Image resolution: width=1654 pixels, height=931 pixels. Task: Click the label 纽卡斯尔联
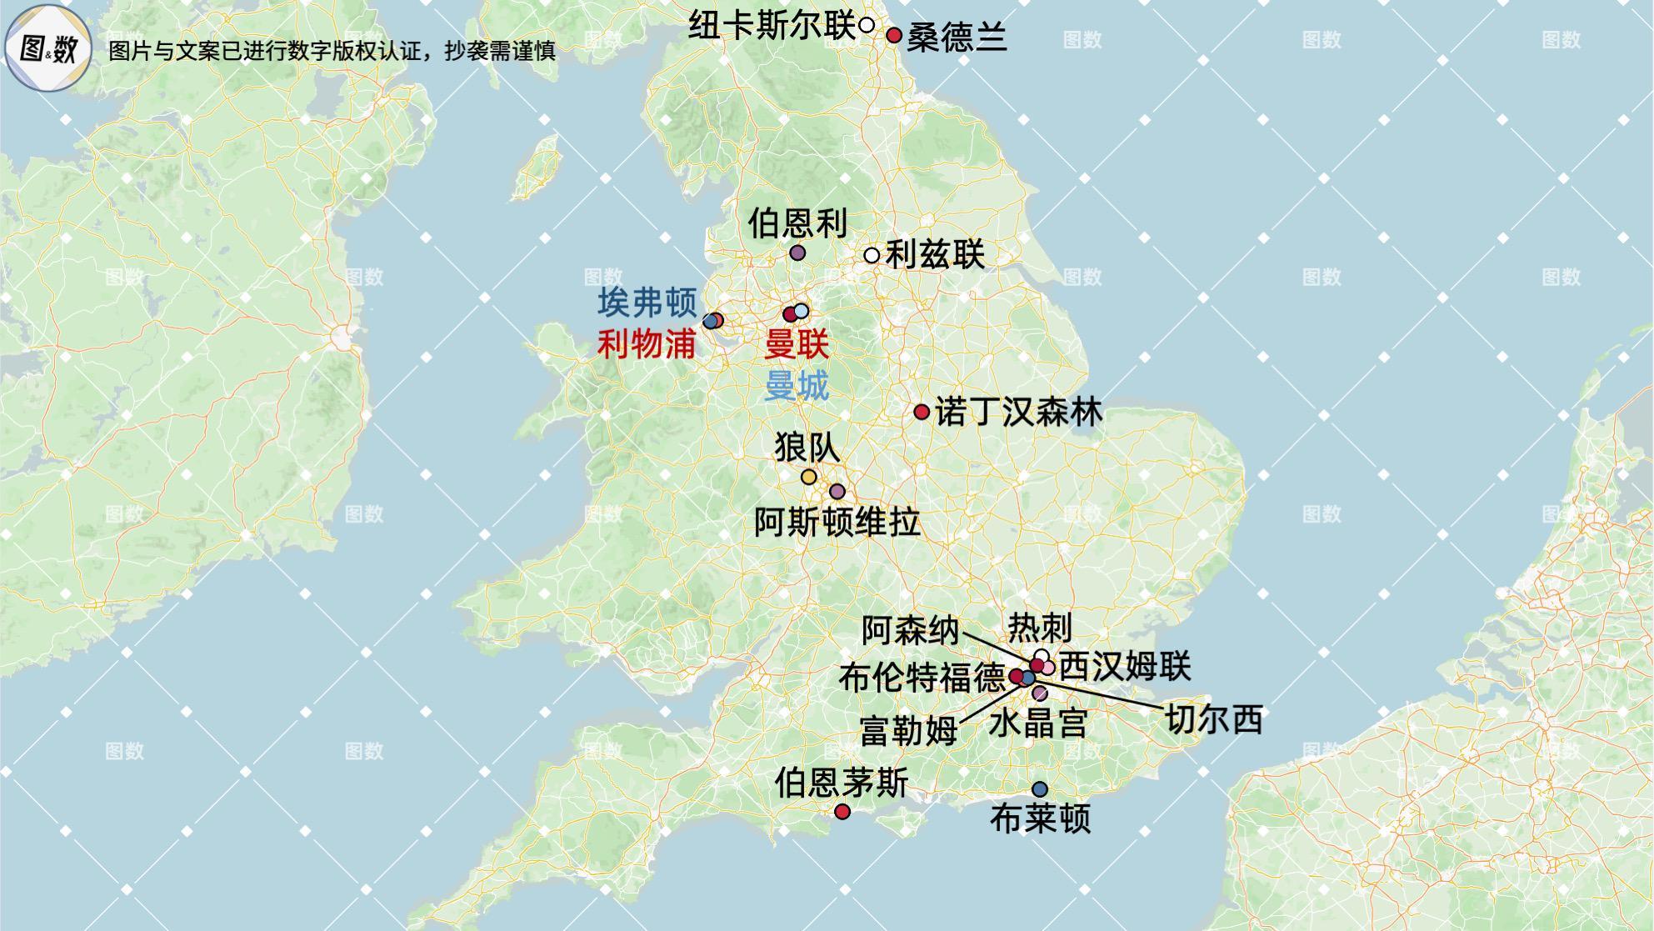click(772, 26)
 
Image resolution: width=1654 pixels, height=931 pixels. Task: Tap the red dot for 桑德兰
click(894, 36)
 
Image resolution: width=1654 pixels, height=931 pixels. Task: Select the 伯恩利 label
click(797, 223)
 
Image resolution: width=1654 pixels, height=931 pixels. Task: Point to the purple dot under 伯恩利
click(797, 253)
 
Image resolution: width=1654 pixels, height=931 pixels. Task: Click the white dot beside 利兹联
click(872, 255)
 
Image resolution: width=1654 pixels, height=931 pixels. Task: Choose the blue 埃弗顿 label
click(647, 303)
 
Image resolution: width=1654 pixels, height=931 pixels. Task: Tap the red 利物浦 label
click(647, 343)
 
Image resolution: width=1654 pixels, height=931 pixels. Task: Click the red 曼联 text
click(797, 343)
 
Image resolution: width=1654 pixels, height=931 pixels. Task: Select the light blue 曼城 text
click(797, 386)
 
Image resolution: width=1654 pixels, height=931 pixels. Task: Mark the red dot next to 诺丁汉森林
click(922, 412)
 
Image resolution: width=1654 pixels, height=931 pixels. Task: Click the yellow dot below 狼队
click(808, 477)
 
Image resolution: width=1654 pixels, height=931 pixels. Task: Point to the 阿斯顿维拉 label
click(837, 523)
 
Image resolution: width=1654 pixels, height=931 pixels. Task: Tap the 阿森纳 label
click(910, 630)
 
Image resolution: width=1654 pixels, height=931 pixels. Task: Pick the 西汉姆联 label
click(1125, 667)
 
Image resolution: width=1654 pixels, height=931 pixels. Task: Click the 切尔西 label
click(1213, 718)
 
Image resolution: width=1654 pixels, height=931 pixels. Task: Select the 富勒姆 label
click(908, 732)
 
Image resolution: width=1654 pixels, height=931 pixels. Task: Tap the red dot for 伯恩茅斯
click(842, 812)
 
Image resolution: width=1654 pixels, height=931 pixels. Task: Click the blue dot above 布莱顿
click(1039, 789)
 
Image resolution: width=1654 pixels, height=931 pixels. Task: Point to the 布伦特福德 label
click(922, 678)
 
